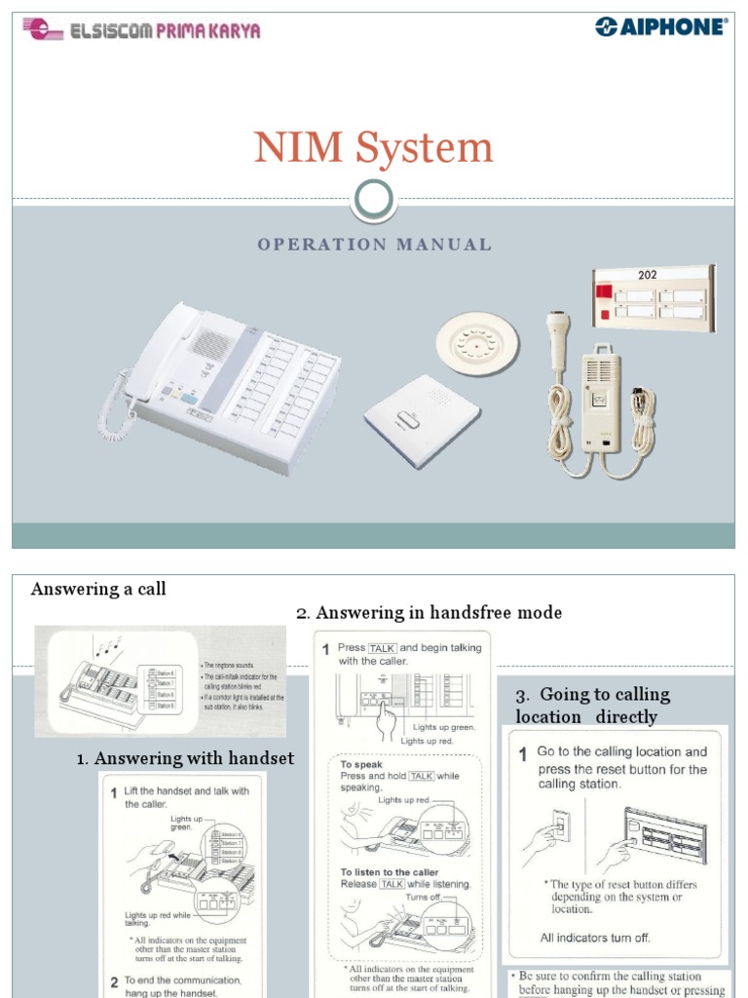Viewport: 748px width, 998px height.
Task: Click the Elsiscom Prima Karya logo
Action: pos(142,31)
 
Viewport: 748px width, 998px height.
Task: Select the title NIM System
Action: pos(374,148)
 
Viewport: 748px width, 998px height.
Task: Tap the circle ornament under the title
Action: pos(374,200)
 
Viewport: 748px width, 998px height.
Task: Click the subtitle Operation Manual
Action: pos(374,245)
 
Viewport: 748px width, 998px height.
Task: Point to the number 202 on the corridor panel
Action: pos(648,276)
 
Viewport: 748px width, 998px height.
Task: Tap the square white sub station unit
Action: pos(422,416)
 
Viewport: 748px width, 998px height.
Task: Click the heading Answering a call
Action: pos(98,589)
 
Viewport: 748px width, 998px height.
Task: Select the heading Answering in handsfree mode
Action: pos(429,613)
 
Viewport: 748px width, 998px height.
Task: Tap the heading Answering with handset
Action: pos(185,758)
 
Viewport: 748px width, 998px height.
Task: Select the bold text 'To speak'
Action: pos(360,765)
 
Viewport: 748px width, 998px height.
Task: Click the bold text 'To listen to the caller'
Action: pos(390,872)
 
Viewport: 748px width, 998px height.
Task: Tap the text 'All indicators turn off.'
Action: pos(595,938)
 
